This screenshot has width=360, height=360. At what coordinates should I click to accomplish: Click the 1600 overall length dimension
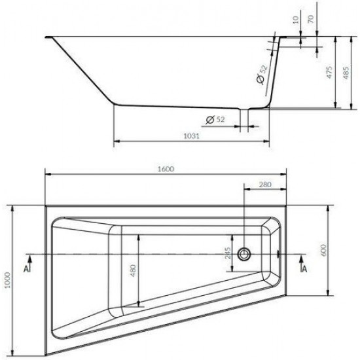click(166, 169)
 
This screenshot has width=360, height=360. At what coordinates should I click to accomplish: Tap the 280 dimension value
click(264, 185)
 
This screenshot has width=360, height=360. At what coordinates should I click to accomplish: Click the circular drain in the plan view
click(245, 253)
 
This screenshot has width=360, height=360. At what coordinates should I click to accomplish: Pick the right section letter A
click(306, 268)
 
